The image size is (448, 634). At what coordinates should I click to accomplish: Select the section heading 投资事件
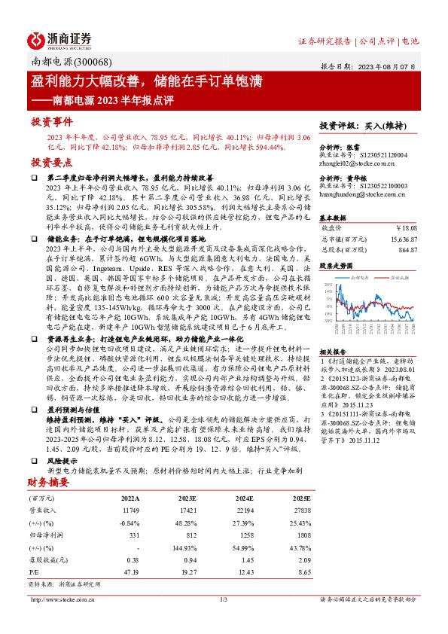pyautogui.click(x=51, y=121)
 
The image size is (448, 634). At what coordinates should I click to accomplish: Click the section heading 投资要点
pyautogui.click(x=51, y=163)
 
